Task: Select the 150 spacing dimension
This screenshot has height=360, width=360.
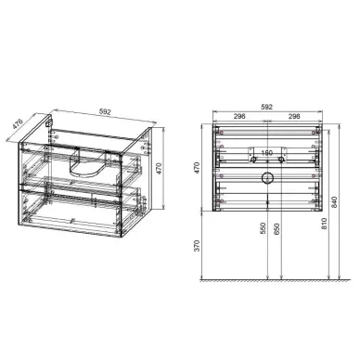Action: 266,154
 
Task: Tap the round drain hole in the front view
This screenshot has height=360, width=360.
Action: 267,176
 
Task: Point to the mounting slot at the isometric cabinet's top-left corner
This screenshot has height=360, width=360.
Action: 48,122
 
